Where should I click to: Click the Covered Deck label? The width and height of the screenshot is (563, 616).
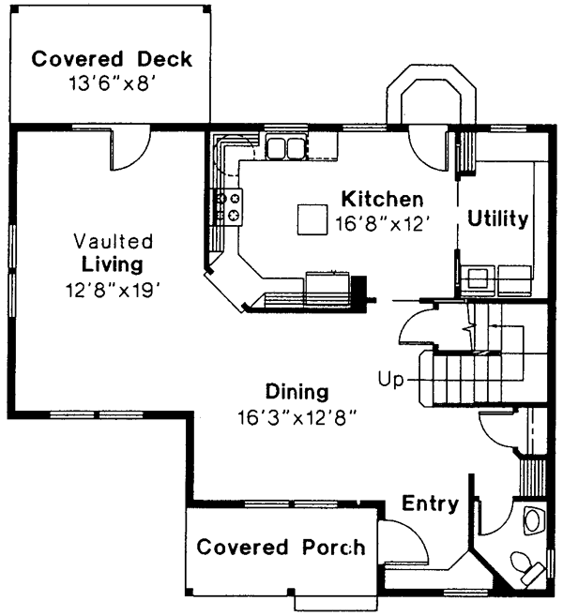(112, 60)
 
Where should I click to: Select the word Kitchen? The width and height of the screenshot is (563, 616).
(382, 200)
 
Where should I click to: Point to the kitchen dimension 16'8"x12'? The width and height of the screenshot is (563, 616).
(382, 224)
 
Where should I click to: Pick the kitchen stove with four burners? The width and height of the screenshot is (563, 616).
(231, 206)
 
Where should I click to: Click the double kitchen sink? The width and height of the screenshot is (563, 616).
(285, 147)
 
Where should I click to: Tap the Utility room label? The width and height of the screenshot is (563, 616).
(498, 219)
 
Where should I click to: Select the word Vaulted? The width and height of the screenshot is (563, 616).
(112, 241)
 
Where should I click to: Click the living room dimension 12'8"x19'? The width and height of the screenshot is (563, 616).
(112, 289)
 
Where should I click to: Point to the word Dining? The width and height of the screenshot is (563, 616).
(297, 391)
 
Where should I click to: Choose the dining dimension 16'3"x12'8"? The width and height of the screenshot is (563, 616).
(297, 414)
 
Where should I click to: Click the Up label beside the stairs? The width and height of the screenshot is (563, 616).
(390, 379)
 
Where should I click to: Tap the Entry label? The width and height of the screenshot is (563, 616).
(430, 504)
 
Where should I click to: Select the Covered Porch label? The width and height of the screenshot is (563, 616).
(281, 548)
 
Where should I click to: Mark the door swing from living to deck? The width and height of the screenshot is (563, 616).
(129, 148)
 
